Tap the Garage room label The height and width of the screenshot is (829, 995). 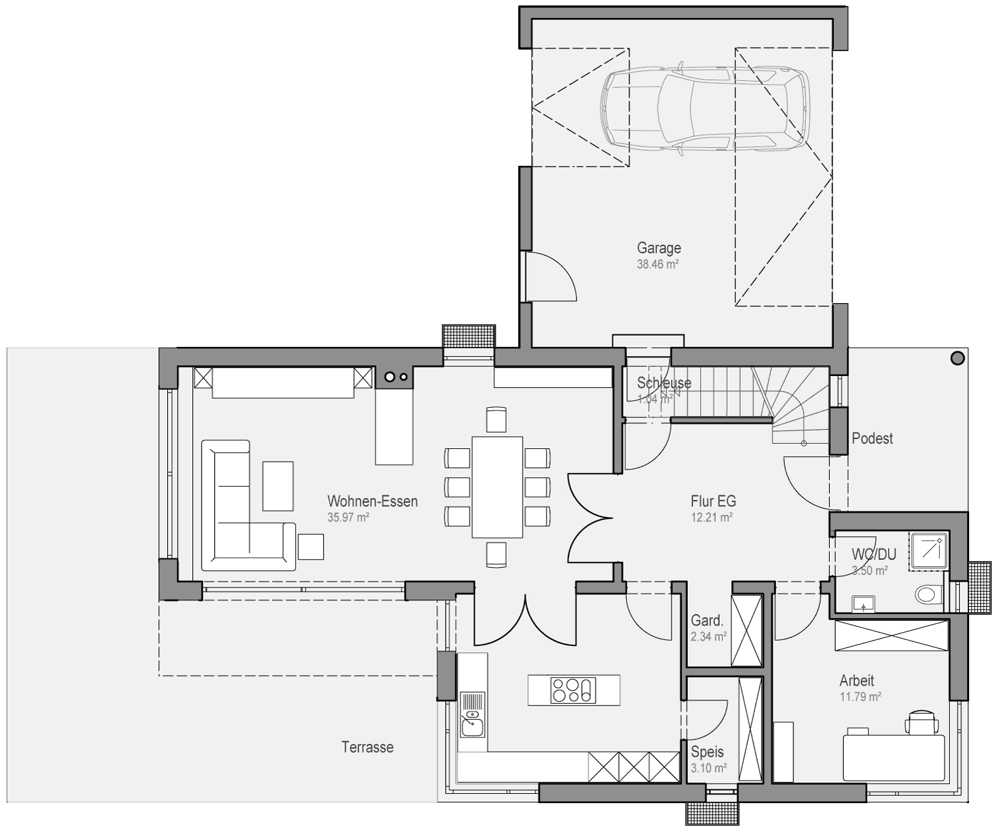click(659, 248)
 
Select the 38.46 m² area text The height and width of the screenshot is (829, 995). click(657, 265)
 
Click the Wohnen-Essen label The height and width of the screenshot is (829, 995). click(372, 501)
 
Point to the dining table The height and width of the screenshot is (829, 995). click(497, 487)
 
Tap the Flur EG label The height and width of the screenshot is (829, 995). click(713, 501)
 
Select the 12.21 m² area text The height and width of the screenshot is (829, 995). click(712, 517)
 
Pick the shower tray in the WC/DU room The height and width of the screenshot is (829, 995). click(928, 550)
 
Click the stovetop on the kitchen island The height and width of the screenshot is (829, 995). click(573, 690)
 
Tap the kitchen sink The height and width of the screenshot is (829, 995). click(472, 714)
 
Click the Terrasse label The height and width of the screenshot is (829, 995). click(367, 747)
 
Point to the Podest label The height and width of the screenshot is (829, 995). click(872, 438)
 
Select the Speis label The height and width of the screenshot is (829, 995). click(707, 752)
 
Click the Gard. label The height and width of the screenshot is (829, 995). click(707, 620)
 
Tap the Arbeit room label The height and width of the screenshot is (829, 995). click(857, 680)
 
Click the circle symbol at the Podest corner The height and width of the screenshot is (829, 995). click(957, 358)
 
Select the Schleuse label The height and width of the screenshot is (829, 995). click(664, 383)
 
